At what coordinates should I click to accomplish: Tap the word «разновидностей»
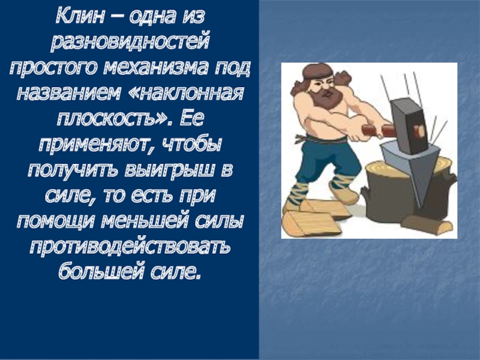pyautogui.click(x=130, y=41)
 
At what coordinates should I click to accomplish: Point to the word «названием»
pyautogui.click(x=69, y=92)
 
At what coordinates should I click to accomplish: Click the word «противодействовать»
pyautogui.click(x=130, y=246)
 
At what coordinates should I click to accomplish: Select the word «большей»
pyautogui.click(x=101, y=271)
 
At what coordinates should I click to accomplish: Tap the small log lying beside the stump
pyautogui.click(x=427, y=224)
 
